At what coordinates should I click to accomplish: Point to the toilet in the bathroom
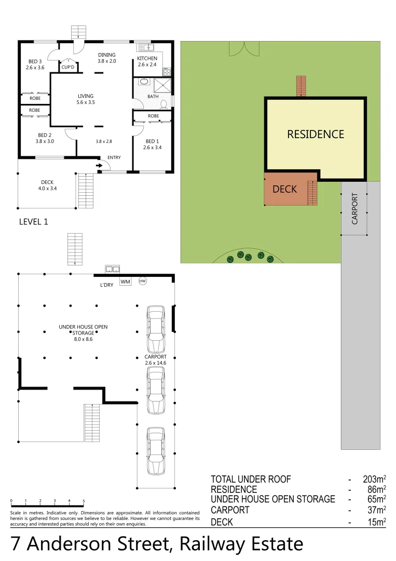164,103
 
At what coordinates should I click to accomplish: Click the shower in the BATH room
164,85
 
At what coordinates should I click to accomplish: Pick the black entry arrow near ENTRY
99,166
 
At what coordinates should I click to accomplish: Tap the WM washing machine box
125,282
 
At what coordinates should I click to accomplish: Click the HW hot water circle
143,281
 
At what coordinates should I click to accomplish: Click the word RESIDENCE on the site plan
316,135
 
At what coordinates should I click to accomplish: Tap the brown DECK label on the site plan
284,189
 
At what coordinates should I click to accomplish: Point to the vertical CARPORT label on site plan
355,208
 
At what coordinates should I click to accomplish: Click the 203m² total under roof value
374,479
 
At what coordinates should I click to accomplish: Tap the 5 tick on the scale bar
84,502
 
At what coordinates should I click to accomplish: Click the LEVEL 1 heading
33,222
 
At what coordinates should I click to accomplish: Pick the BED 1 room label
152,144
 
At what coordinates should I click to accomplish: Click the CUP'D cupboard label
68,68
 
